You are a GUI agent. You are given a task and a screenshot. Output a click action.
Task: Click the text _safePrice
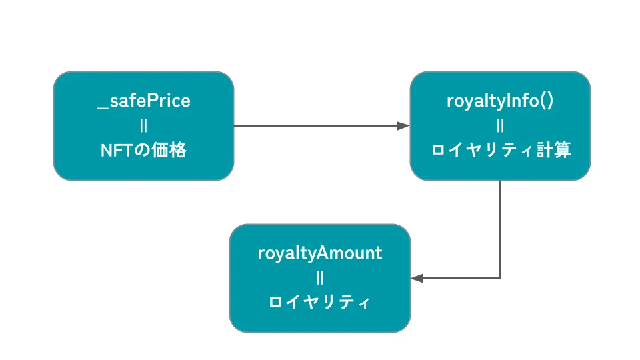pyautogui.click(x=144, y=101)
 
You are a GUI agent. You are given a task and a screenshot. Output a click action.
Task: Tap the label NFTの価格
pyautogui.click(x=144, y=150)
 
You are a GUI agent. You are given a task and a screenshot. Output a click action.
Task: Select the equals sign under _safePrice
pyautogui.click(x=143, y=126)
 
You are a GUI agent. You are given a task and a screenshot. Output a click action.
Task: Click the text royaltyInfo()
pyautogui.click(x=500, y=101)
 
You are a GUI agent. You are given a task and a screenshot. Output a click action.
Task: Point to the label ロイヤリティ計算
pyautogui.click(x=501, y=150)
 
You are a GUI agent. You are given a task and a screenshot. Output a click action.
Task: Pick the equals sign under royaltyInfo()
pyautogui.click(x=501, y=126)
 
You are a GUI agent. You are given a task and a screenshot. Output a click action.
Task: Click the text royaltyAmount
pyautogui.click(x=320, y=253)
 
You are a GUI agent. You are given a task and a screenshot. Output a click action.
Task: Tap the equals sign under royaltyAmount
pyautogui.click(x=320, y=279)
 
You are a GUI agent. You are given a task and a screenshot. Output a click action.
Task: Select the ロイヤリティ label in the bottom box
pyautogui.click(x=319, y=303)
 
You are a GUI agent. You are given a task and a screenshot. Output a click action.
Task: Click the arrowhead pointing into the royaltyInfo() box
pyautogui.click(x=404, y=126)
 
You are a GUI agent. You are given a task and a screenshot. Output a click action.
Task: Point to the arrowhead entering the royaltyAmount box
pyautogui.click(x=417, y=279)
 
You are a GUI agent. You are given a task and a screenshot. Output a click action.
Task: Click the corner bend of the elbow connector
pyautogui.click(x=501, y=279)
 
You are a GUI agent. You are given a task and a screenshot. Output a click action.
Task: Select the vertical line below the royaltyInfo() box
pyautogui.click(x=501, y=229)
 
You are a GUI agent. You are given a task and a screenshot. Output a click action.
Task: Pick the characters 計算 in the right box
pyautogui.click(x=553, y=150)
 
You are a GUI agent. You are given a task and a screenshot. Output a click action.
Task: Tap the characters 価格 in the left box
pyautogui.click(x=169, y=150)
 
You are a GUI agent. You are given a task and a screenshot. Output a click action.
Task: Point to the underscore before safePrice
pyautogui.click(x=103, y=108)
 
